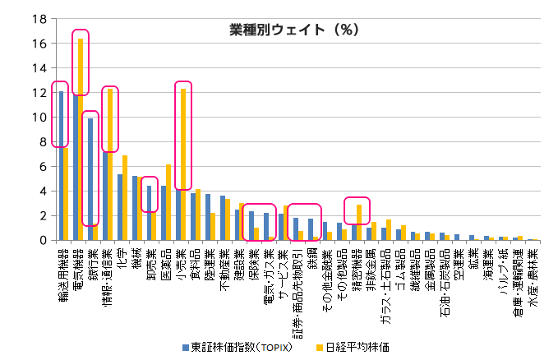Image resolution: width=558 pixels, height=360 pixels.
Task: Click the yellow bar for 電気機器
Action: click(81, 139)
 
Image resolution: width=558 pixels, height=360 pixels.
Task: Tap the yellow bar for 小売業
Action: click(183, 164)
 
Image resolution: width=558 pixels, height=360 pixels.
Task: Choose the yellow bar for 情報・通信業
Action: click(110, 164)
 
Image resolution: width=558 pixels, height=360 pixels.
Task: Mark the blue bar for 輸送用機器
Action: click(61, 165)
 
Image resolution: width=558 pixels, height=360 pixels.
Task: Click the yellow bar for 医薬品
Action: click(168, 202)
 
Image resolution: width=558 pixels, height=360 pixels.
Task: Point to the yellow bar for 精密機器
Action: click(359, 222)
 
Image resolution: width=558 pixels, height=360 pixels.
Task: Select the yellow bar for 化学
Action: click(125, 197)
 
